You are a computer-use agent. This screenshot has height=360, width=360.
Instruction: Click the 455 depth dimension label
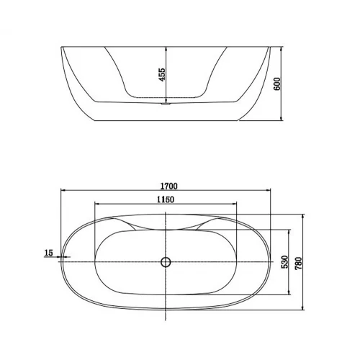tap(163, 75)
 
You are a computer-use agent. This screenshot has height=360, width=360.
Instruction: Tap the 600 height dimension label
tap(276, 84)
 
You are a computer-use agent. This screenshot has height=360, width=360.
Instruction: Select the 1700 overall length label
tap(169, 186)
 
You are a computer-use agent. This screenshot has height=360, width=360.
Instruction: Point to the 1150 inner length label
tap(166, 199)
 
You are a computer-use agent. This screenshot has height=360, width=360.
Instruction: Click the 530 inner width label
tap(284, 262)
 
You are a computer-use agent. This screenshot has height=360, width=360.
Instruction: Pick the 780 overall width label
tap(298, 264)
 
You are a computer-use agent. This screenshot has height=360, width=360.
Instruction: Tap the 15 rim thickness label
tap(48, 253)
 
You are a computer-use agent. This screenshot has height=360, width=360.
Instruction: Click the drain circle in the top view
tap(166, 262)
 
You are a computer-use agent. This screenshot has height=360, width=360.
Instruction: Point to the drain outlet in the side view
tap(166, 104)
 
